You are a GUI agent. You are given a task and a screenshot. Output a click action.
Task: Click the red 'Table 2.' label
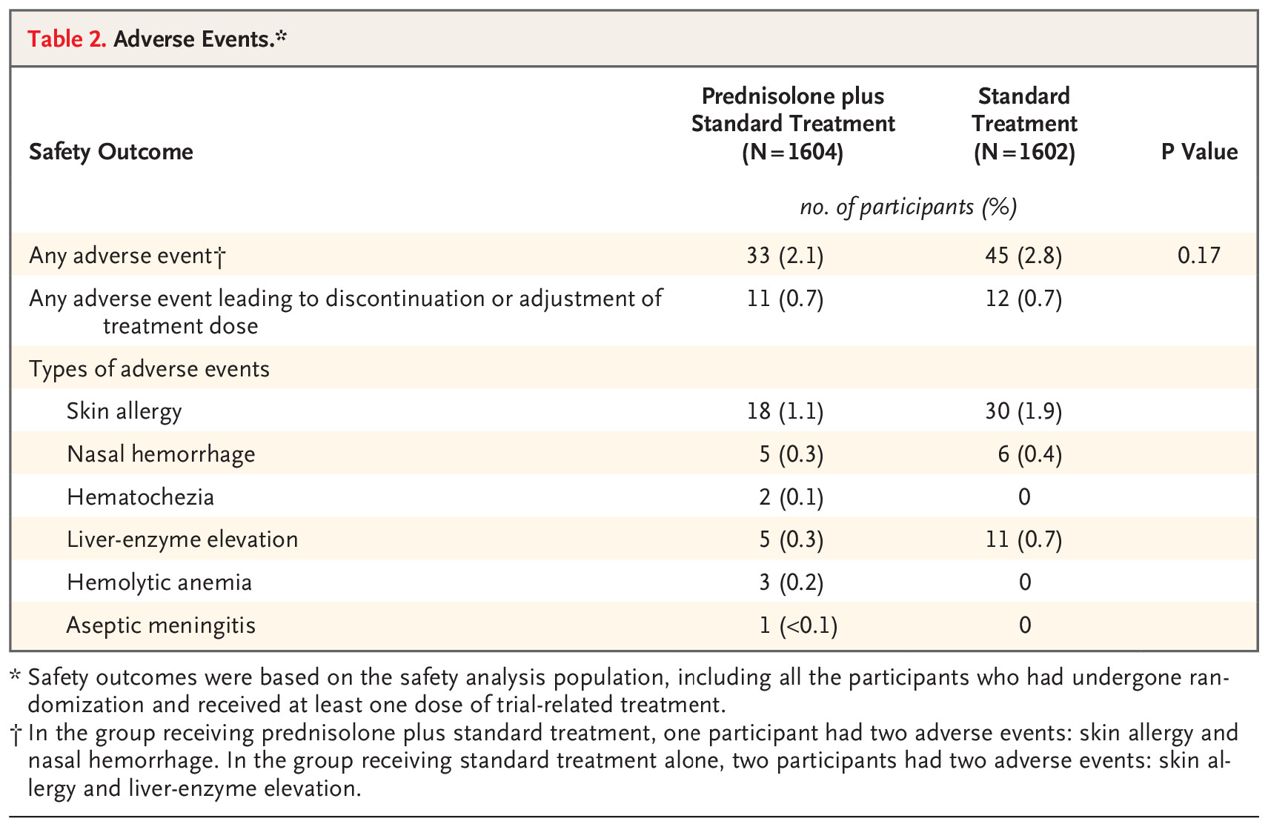pyautogui.click(x=67, y=39)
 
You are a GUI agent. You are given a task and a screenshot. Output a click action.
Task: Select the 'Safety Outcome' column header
pyautogui.click(x=111, y=152)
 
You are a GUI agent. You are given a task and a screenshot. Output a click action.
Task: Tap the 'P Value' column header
pyautogui.click(x=1199, y=152)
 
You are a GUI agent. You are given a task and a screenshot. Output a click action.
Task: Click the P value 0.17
pyautogui.click(x=1199, y=256)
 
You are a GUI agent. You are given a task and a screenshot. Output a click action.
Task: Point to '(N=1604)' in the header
pyautogui.click(x=792, y=152)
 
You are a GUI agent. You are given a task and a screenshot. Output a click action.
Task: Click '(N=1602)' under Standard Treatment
pyautogui.click(x=1024, y=152)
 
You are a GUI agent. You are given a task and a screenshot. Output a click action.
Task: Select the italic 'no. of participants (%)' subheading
pyautogui.click(x=908, y=207)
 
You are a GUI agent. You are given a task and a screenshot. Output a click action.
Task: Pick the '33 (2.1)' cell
pyautogui.click(x=785, y=256)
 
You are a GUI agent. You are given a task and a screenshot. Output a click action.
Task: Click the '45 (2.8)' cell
pyautogui.click(x=1023, y=256)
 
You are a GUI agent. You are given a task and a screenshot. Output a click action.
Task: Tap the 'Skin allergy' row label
pyautogui.click(x=124, y=411)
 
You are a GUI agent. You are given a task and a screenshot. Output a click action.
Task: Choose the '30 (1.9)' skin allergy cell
pyautogui.click(x=1023, y=411)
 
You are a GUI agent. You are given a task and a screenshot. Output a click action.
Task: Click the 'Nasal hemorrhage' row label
pyautogui.click(x=161, y=454)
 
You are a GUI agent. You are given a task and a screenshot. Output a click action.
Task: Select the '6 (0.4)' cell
pyautogui.click(x=1029, y=454)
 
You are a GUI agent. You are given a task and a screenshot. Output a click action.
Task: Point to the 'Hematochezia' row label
pyautogui.click(x=140, y=497)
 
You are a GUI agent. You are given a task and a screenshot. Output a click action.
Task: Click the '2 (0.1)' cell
pyautogui.click(x=791, y=497)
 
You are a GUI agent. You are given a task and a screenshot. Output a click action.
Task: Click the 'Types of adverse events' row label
pyautogui.click(x=150, y=369)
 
